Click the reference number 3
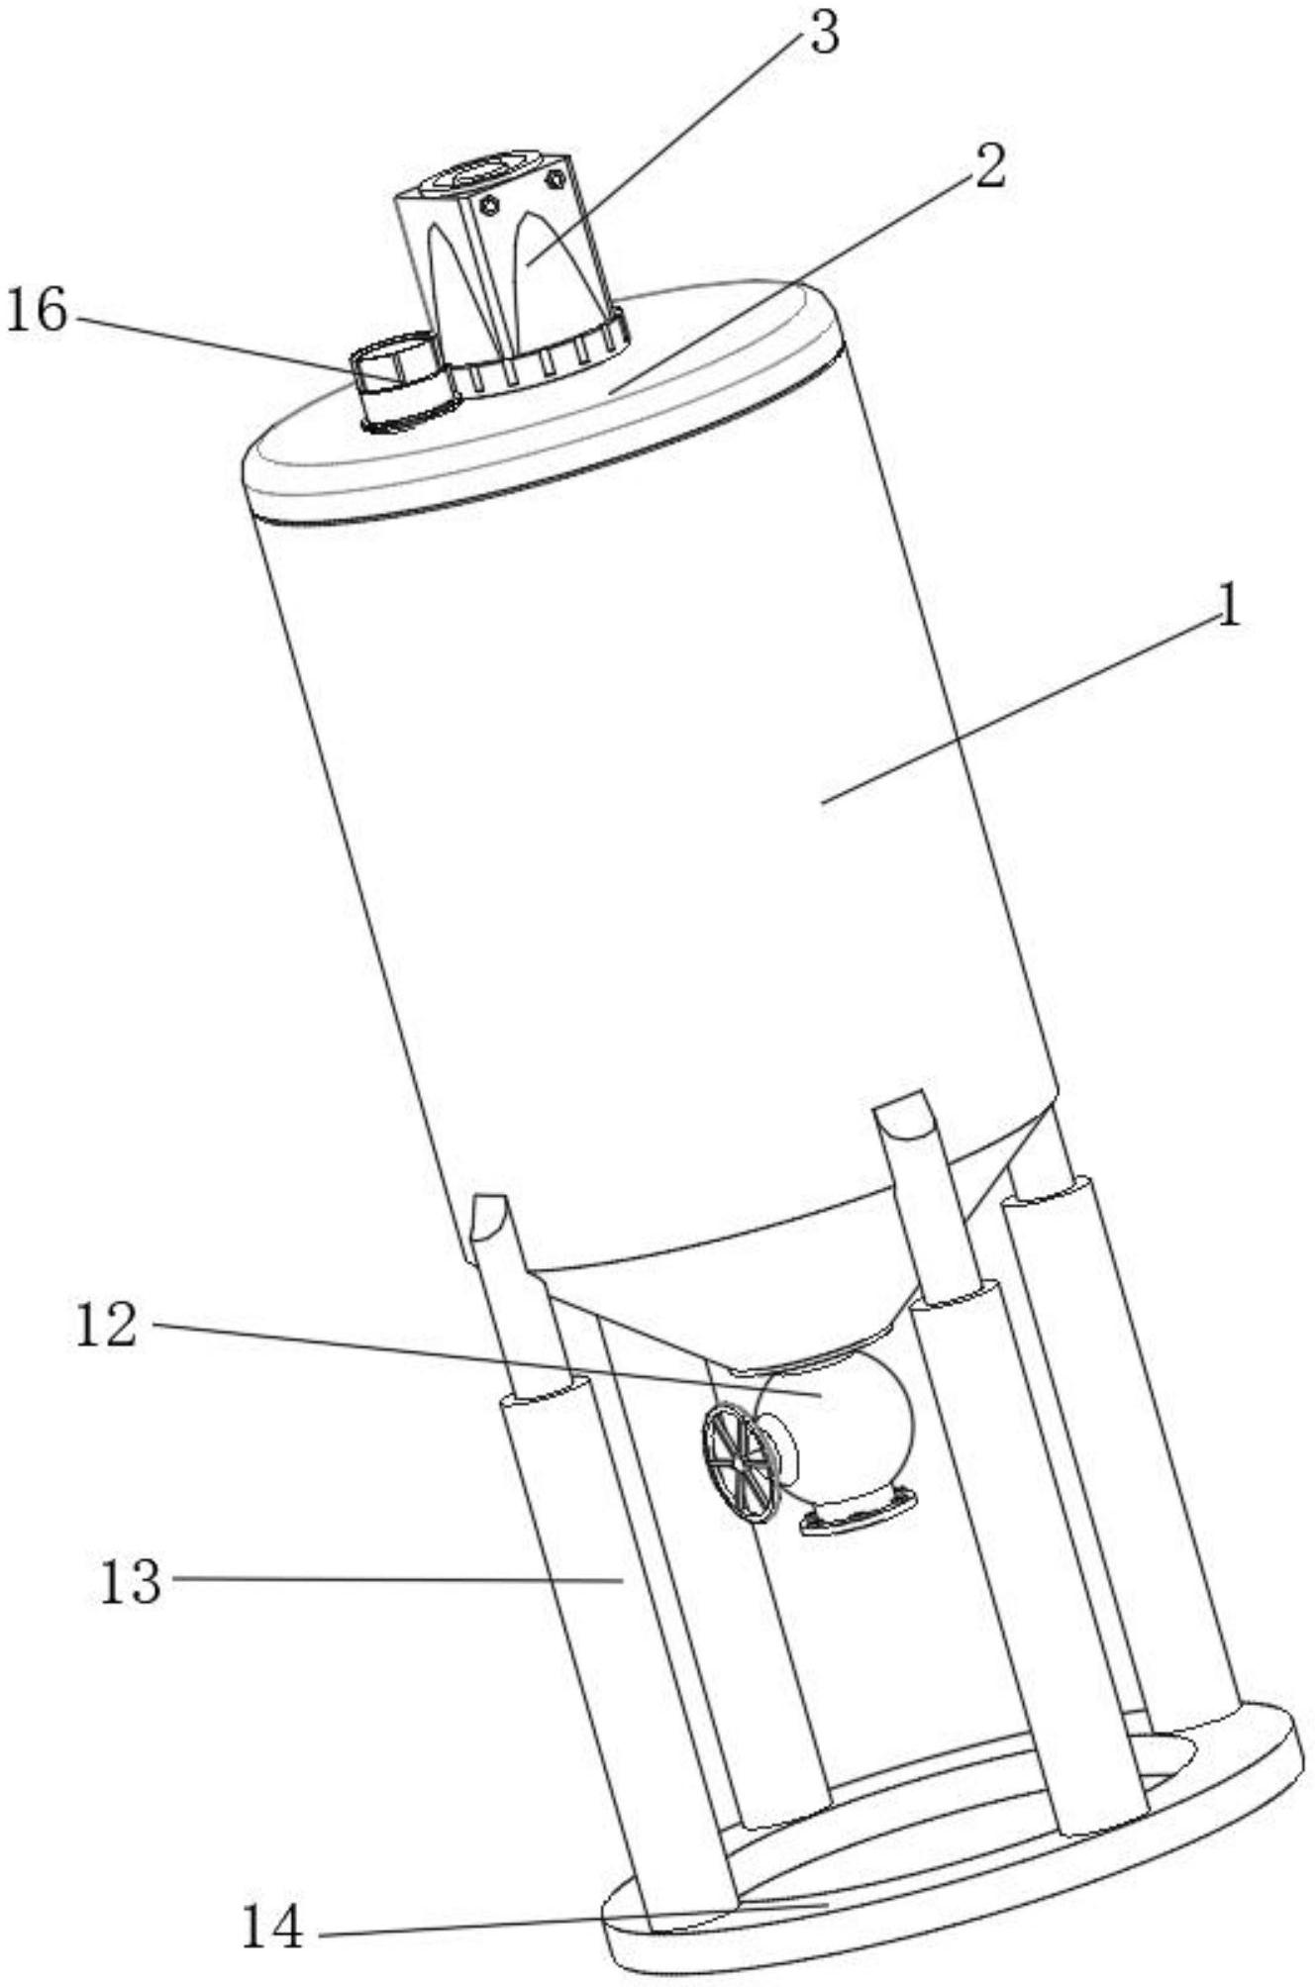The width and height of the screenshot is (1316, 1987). [x=822, y=35]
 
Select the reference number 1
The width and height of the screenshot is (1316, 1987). [x=1228, y=607]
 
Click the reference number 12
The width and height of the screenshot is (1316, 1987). [x=106, y=1326]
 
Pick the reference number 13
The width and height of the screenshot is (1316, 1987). [x=130, y=1581]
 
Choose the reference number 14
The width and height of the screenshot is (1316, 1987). [x=273, y=1926]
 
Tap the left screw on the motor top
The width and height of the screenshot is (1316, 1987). [x=487, y=206]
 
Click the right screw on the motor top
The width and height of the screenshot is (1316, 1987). [x=556, y=179]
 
